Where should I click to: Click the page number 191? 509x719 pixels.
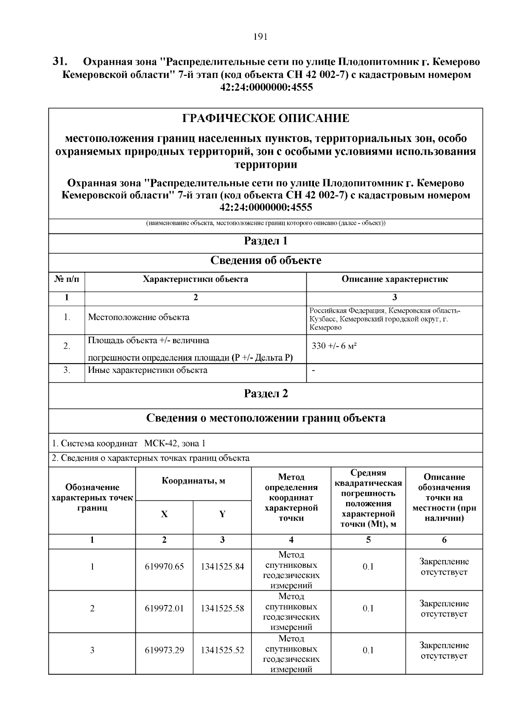pyautogui.click(x=260, y=37)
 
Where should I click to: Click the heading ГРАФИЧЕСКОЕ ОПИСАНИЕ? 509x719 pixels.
pyautogui.click(x=266, y=118)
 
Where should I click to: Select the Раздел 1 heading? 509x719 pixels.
pyautogui.click(x=266, y=242)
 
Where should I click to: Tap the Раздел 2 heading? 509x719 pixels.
pyautogui.click(x=266, y=394)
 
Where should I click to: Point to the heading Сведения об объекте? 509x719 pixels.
pyautogui.click(x=266, y=261)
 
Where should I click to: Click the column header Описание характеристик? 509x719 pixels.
pyautogui.click(x=394, y=279)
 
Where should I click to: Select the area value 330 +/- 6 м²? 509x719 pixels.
pyautogui.click(x=334, y=346)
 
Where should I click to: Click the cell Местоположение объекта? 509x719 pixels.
pyautogui.click(x=139, y=317)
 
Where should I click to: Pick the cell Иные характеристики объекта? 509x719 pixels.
pyautogui.click(x=148, y=370)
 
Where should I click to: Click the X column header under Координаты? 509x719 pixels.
pyautogui.click(x=164, y=514)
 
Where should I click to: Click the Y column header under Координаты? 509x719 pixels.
pyautogui.click(x=222, y=514)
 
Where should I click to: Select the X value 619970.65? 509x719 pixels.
pyautogui.click(x=164, y=567)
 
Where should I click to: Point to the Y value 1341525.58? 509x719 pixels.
pyautogui.click(x=222, y=609)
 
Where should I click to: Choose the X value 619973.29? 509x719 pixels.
pyautogui.click(x=164, y=650)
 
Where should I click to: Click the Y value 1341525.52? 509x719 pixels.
pyautogui.click(x=222, y=650)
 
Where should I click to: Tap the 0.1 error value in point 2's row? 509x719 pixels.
pyautogui.click(x=368, y=609)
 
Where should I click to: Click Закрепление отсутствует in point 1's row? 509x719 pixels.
pyautogui.click(x=444, y=567)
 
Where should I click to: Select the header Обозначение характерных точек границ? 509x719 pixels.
pyautogui.click(x=92, y=498)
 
